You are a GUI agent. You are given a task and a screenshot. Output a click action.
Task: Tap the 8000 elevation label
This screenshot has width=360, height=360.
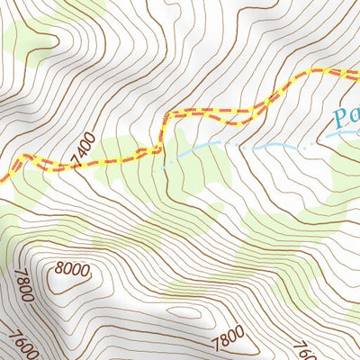tap(72, 269)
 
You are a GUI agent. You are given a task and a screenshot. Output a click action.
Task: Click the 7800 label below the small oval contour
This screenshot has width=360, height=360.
tap(228, 337)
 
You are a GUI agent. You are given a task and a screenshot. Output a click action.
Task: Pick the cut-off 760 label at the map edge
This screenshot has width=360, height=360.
tap(304, 348)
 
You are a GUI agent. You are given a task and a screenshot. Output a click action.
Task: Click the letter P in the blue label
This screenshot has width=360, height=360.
tap(338, 118)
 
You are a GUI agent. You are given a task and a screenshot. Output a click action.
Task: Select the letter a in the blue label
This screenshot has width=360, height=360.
tap(353, 121)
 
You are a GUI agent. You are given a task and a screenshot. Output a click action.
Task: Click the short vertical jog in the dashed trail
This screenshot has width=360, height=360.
tap(162, 130)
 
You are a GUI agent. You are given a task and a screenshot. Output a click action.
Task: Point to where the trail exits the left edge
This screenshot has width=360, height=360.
tap(2, 175)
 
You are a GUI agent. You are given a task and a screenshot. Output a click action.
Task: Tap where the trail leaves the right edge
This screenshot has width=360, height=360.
tap(357, 71)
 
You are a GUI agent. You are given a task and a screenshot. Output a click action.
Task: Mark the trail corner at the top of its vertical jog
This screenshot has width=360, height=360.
tap(166, 114)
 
